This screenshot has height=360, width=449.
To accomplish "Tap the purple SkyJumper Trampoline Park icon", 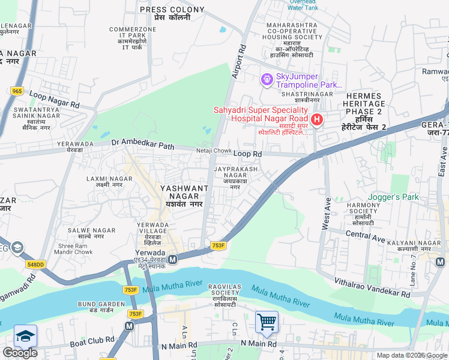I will [267, 79].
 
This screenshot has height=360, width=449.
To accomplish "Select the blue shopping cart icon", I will [267, 322].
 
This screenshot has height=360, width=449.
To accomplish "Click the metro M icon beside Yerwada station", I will [172, 260].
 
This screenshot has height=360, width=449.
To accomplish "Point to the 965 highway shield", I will [17, 91].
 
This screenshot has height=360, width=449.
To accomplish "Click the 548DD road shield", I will [36, 264].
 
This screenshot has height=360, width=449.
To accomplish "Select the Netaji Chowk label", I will [214, 150].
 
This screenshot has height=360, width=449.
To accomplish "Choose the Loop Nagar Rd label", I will [55, 100].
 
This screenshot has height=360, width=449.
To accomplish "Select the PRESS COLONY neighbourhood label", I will [164, 10].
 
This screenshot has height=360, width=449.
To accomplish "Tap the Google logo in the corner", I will [20, 353].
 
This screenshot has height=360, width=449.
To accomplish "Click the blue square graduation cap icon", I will [25, 335].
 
